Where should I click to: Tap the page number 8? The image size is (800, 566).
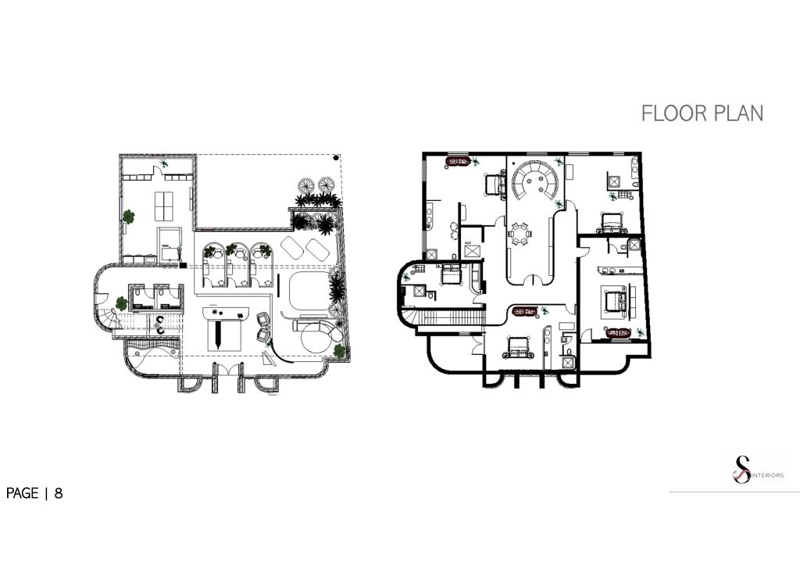59,493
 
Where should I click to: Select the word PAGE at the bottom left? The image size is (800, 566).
23,493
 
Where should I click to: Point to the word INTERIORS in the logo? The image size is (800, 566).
767,475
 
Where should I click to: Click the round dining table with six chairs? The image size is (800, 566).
520,233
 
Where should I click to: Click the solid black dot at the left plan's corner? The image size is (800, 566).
336,158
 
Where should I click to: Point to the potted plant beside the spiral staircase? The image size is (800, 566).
121,303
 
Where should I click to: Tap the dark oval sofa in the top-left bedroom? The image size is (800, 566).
458,162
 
